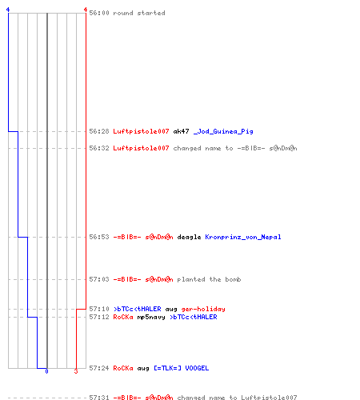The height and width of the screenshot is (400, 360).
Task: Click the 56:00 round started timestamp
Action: point(99,13)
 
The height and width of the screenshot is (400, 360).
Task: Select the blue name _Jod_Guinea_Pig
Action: point(223,131)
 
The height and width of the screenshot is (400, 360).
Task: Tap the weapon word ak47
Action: point(181,131)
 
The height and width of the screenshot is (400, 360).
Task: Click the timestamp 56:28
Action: point(99,131)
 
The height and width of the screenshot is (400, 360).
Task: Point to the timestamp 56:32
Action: point(99,148)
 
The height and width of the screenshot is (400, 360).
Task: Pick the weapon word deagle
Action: point(189,237)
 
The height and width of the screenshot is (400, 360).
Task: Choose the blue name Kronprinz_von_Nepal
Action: point(243,237)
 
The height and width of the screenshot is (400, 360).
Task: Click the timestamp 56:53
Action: point(99,237)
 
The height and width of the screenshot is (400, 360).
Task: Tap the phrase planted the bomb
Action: point(209,279)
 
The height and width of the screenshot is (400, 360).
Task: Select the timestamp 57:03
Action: point(99,279)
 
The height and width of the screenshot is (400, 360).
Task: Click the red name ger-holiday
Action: point(203,309)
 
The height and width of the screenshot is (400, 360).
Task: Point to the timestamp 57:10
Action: point(99,309)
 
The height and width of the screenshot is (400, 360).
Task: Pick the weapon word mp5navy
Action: point(151,317)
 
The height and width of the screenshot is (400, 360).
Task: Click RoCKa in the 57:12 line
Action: point(123,317)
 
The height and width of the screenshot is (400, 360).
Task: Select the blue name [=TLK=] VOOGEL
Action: point(182,368)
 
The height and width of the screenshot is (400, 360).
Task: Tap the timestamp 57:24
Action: point(99,368)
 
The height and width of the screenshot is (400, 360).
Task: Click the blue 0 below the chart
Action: point(46,371)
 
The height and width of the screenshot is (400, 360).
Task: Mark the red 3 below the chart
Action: point(76,371)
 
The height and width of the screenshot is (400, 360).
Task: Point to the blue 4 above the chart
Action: point(8,10)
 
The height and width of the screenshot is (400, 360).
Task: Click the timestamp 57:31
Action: point(99,398)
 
